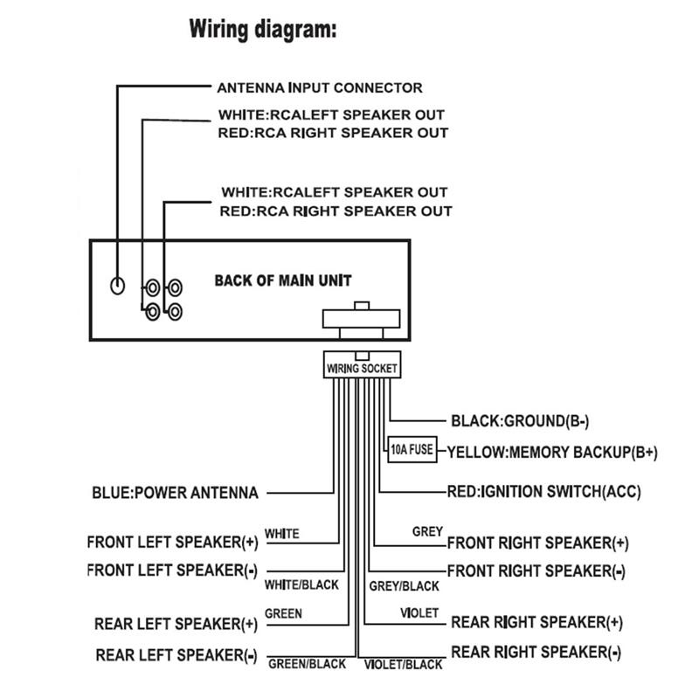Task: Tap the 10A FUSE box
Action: point(411,451)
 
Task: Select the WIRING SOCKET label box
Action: point(362,369)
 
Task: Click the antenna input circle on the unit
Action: point(117,285)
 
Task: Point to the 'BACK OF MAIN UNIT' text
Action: point(283,280)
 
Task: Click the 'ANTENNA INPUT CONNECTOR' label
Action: point(320,87)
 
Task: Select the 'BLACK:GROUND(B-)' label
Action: point(520,421)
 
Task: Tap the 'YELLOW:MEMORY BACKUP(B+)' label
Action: point(552,453)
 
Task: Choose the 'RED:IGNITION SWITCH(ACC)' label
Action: point(543,492)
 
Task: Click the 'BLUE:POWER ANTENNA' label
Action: point(175,493)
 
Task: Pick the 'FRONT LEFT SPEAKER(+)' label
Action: point(173,542)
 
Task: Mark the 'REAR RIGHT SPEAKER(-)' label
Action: point(536,652)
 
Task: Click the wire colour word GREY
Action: point(427,531)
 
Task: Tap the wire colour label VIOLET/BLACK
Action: point(403,665)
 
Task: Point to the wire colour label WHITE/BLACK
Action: point(301,585)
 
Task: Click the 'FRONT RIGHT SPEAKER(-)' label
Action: point(536,571)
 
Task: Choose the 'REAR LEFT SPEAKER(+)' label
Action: point(176,624)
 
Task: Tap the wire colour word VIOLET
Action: point(419,613)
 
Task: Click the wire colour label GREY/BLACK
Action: point(404,585)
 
